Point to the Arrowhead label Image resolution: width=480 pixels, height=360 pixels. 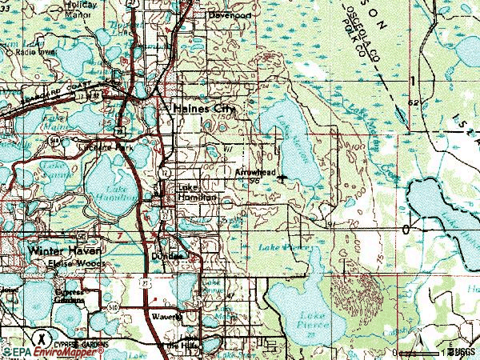[255, 172]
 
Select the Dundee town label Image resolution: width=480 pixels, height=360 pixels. [168, 256]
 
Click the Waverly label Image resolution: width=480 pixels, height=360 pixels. [165, 316]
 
